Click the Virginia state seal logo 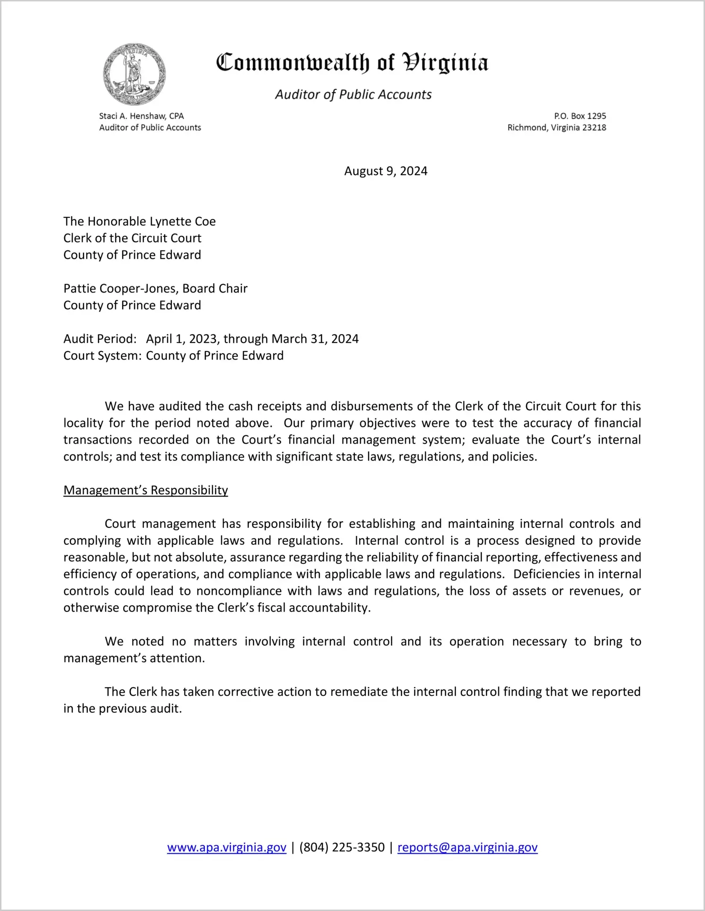[x=134, y=75]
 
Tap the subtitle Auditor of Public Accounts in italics [x=353, y=95]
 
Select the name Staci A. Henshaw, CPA [x=141, y=116]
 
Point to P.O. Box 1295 [x=580, y=116]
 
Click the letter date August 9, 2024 [x=386, y=171]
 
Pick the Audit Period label [x=100, y=339]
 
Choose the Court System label [x=102, y=356]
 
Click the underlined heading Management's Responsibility [x=145, y=490]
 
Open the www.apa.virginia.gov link [x=227, y=847]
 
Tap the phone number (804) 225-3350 [x=342, y=847]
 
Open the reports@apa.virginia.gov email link [x=467, y=847]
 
